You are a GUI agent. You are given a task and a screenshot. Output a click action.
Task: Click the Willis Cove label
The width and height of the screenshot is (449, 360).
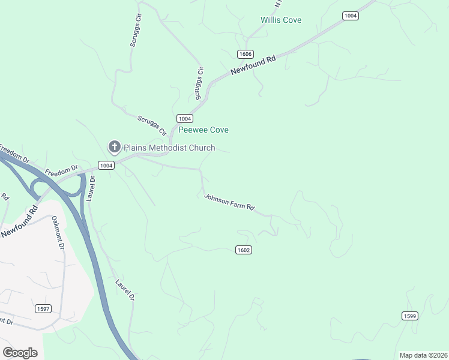(x=281, y=20)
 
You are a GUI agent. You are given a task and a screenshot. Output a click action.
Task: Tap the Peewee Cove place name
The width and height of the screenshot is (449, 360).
(x=203, y=130)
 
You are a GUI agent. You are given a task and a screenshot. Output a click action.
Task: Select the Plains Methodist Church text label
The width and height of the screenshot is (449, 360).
(x=169, y=147)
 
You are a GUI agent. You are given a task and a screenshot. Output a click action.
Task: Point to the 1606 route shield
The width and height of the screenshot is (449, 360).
(x=244, y=54)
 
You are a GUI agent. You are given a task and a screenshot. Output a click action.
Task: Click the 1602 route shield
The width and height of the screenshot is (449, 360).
(x=243, y=250)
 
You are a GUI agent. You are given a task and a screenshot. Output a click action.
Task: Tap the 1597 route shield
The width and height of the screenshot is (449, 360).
(x=43, y=309)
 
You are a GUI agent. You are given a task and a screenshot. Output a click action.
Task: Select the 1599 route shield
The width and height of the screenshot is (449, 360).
(x=410, y=316)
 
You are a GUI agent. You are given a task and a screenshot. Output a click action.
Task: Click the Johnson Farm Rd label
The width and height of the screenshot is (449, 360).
(x=229, y=202)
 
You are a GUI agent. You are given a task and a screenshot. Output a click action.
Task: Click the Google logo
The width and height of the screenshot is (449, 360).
(x=20, y=353)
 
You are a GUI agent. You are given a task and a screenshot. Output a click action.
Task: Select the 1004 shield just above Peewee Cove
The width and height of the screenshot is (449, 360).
(x=184, y=118)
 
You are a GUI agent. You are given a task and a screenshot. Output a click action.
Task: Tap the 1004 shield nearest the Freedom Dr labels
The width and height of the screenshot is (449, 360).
(x=106, y=165)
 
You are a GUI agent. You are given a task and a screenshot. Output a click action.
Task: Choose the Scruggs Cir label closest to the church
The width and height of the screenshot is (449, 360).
(x=152, y=124)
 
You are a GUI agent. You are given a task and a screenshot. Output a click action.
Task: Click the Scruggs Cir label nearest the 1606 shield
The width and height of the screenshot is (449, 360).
(x=199, y=83)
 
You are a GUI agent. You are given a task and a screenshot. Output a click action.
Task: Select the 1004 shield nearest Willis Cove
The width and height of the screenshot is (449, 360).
(x=351, y=16)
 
